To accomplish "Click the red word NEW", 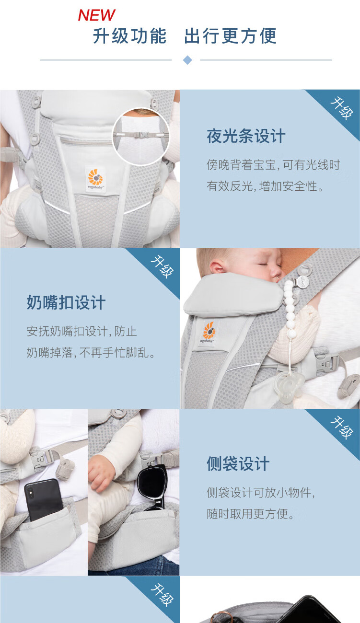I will tap(97, 15).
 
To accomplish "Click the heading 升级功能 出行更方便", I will tap(185, 36).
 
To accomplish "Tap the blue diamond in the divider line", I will tap(187, 60).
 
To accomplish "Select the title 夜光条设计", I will tap(246, 136).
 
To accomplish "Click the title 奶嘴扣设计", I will tap(66, 302).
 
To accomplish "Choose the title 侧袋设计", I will tap(238, 463).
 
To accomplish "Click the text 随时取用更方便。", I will tap(251, 514).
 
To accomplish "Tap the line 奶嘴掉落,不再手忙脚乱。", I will tap(91, 353).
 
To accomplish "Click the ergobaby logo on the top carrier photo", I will tap(95, 179).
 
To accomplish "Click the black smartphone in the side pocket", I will tap(44, 498).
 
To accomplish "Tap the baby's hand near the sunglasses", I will tap(102, 474).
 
